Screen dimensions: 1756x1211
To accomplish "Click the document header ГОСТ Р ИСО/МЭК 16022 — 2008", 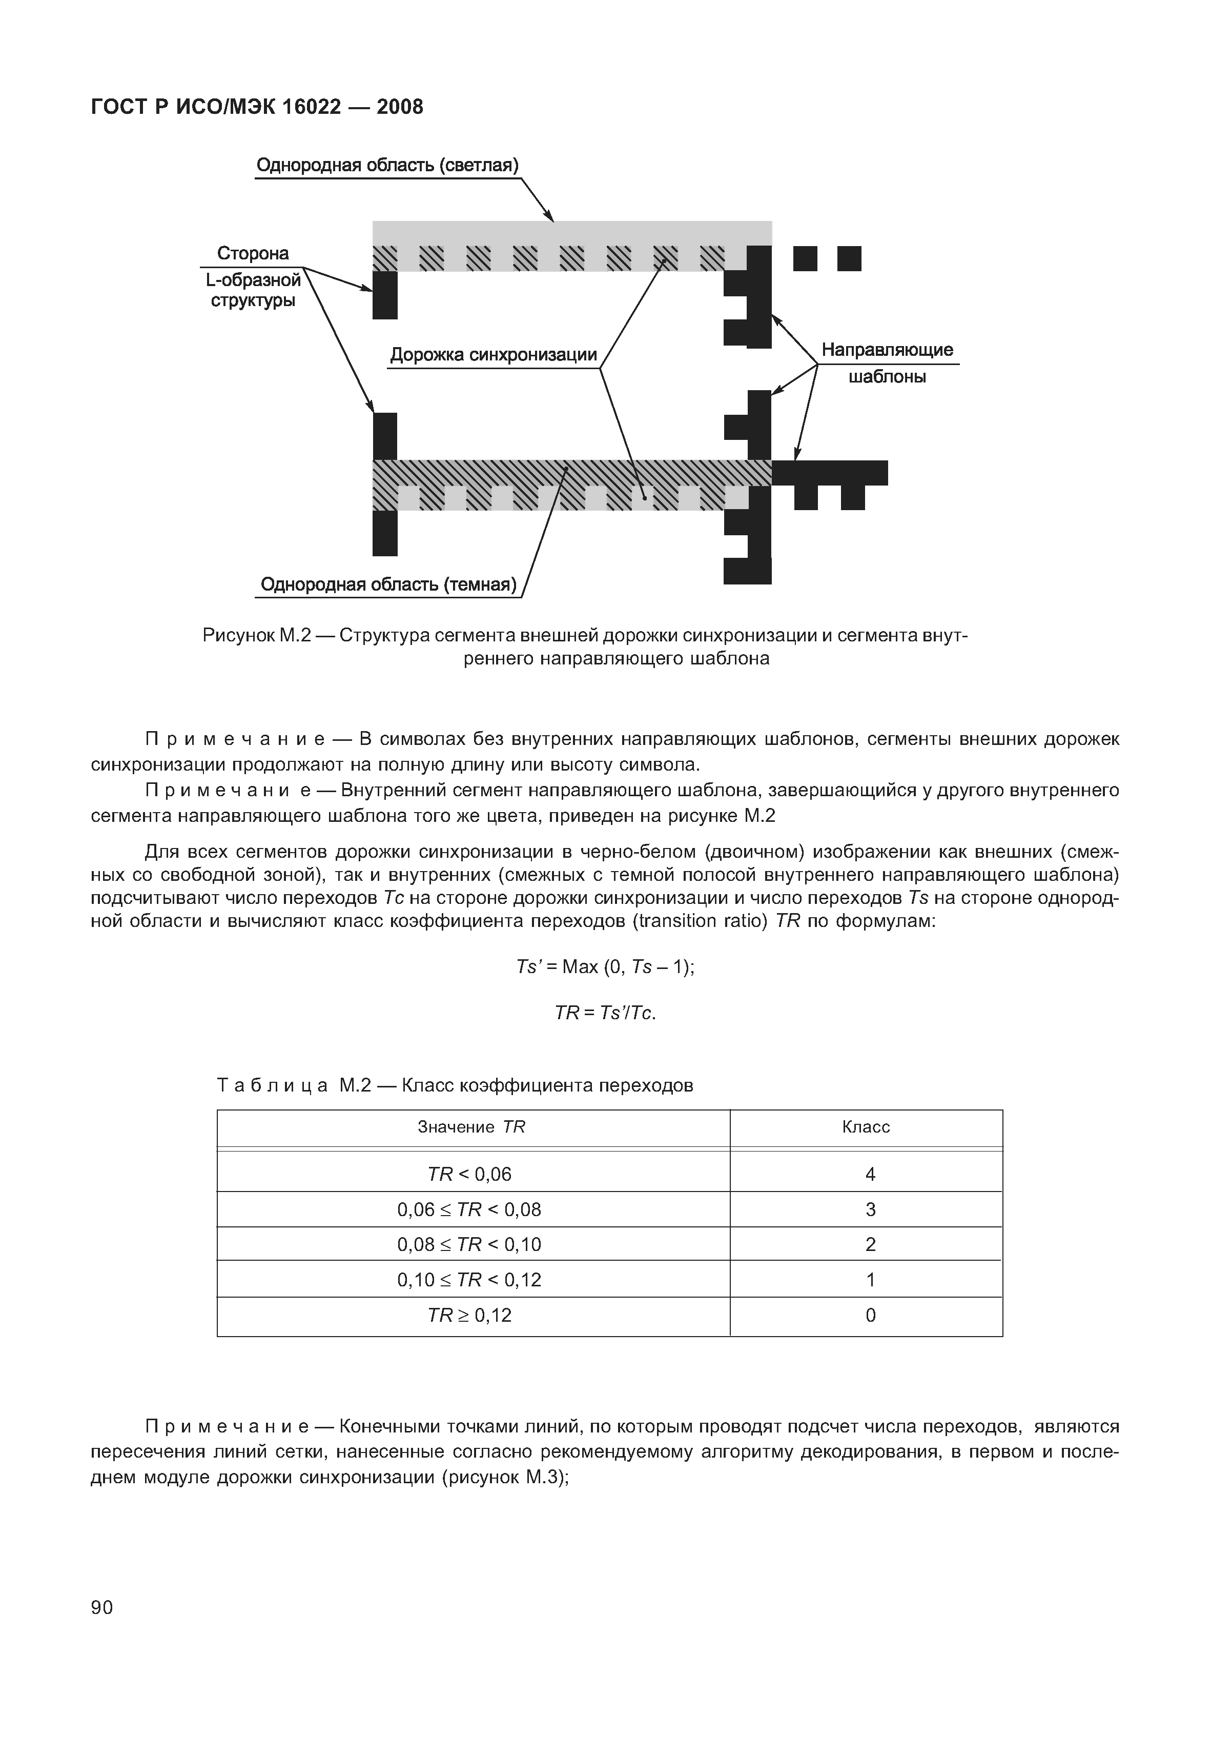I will click(256, 107).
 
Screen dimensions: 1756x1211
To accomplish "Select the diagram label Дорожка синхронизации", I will click(493, 355).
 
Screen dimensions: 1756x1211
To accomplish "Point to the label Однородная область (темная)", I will click(388, 584).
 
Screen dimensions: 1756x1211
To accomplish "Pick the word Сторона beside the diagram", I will click(253, 253).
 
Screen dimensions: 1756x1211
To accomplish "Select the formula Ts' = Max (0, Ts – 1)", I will click(605, 967).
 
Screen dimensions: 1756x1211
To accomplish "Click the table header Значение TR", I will click(471, 1127).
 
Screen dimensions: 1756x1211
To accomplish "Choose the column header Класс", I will click(866, 1127).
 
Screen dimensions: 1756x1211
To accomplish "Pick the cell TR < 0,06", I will click(469, 1175).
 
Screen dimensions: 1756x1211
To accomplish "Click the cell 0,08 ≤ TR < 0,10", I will click(469, 1244).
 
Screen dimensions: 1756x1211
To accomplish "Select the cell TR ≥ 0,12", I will click(469, 1315).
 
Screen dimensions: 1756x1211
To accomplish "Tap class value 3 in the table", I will click(870, 1209).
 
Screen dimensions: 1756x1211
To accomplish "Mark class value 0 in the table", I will click(870, 1315).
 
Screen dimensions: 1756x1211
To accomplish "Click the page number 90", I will click(101, 1607).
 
